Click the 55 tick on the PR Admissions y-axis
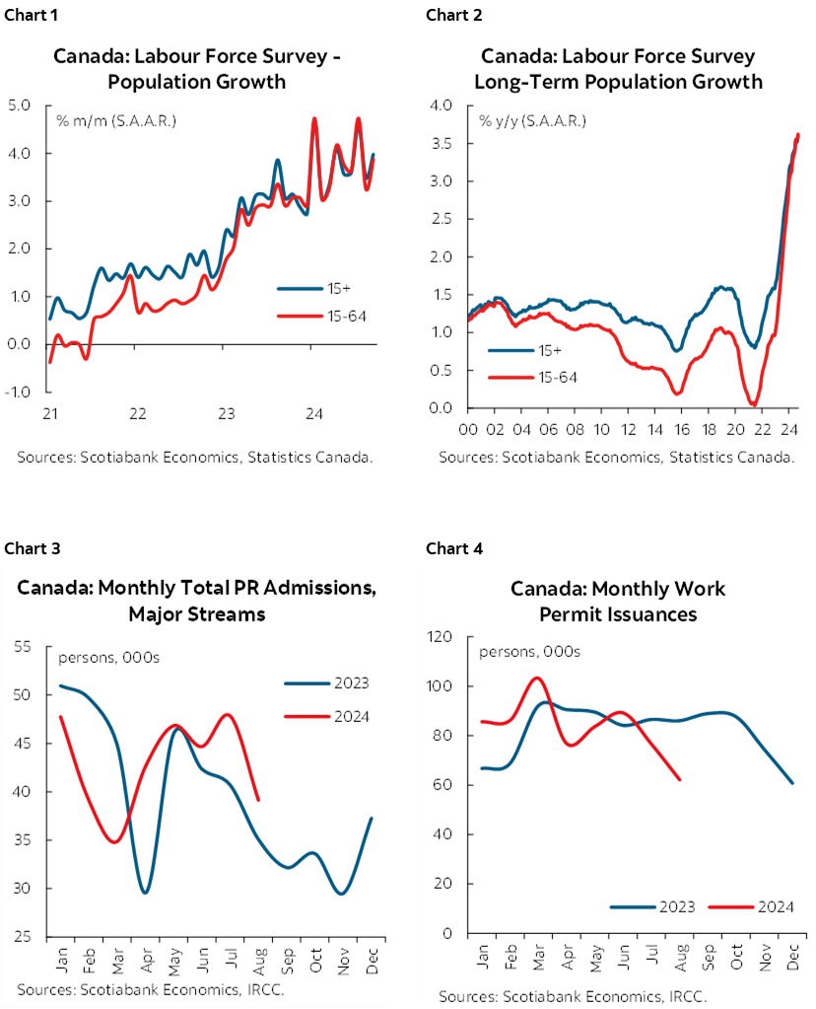click(x=23, y=646)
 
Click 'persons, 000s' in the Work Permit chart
click(x=529, y=652)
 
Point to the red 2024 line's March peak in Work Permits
click(x=536, y=678)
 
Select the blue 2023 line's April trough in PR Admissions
click(x=146, y=893)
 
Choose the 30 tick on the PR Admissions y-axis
click(x=23, y=889)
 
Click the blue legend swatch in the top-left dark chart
click(x=300, y=289)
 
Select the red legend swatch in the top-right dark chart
click(x=510, y=377)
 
